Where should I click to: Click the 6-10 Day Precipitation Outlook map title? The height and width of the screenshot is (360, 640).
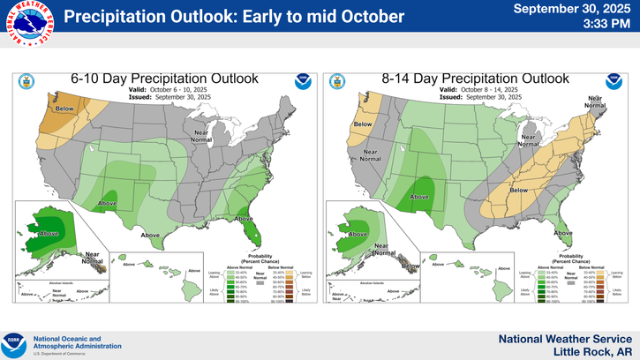pyautogui.click(x=164, y=79)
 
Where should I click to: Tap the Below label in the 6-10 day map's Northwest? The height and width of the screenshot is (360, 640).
pyautogui.click(x=65, y=109)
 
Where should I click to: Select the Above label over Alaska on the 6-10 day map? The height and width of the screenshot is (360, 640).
pyautogui.click(x=49, y=233)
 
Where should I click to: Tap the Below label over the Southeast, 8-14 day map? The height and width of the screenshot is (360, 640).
pyautogui.click(x=519, y=190)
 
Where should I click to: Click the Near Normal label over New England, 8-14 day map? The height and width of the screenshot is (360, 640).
pyautogui.click(x=595, y=101)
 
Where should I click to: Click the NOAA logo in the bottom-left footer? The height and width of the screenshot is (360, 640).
pyautogui.click(x=16, y=343)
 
